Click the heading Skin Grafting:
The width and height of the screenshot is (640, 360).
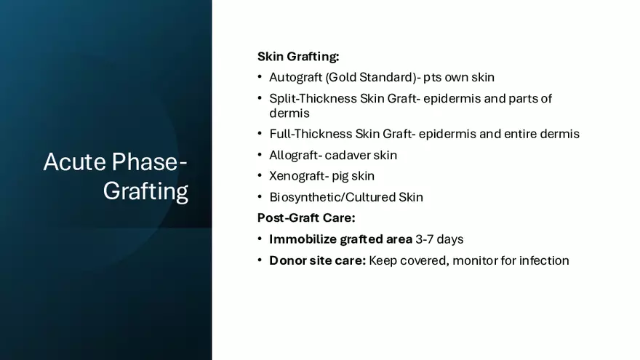click(298, 56)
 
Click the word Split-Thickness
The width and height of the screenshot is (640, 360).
click(313, 98)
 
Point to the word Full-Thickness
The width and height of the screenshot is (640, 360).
click(311, 134)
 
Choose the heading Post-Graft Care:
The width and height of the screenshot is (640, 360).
click(306, 218)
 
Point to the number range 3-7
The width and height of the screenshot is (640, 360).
click(425, 239)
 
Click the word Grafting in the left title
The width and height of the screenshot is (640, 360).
click(145, 191)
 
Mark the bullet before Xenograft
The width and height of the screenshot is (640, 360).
click(260, 175)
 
